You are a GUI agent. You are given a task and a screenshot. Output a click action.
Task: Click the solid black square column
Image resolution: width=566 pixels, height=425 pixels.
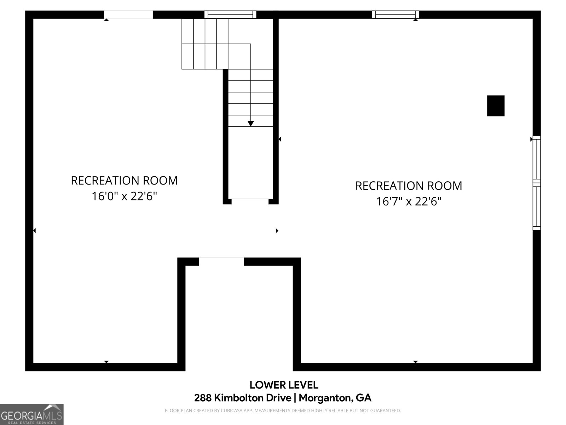[496, 106]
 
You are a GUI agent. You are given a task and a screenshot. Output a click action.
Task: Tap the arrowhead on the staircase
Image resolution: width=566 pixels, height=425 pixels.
[250, 123]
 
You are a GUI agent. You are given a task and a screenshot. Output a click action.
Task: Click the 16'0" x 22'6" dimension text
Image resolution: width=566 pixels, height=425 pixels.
[124, 196]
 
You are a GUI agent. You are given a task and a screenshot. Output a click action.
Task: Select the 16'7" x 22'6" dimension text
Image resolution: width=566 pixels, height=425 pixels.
[409, 202]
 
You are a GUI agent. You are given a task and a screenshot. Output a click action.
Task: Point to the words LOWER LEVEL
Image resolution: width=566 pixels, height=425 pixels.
[284, 385]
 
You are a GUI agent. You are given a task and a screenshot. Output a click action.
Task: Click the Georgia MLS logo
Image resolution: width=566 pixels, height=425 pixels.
[32, 414]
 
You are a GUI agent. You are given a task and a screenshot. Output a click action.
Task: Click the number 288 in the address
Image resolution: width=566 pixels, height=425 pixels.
[203, 398]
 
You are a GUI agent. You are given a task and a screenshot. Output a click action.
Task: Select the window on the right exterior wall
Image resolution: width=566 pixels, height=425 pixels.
[537, 183]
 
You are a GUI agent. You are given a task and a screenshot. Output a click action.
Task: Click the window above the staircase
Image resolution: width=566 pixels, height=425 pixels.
[230, 15]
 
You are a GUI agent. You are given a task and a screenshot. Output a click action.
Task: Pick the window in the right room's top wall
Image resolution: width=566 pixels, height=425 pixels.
[395, 15]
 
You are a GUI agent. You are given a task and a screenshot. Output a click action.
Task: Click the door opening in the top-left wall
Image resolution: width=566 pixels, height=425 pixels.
[128, 15]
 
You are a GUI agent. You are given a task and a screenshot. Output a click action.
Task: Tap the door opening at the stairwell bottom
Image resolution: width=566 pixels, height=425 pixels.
[250, 201]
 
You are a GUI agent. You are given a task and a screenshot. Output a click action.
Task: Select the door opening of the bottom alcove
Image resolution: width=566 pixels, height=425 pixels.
[221, 261]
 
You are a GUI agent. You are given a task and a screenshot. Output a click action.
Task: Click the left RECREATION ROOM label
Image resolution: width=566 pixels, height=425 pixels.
[124, 180]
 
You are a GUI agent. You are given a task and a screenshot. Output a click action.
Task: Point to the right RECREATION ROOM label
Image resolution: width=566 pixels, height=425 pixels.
[409, 186]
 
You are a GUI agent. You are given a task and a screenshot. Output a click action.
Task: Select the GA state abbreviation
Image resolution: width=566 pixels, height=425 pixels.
[364, 398]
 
